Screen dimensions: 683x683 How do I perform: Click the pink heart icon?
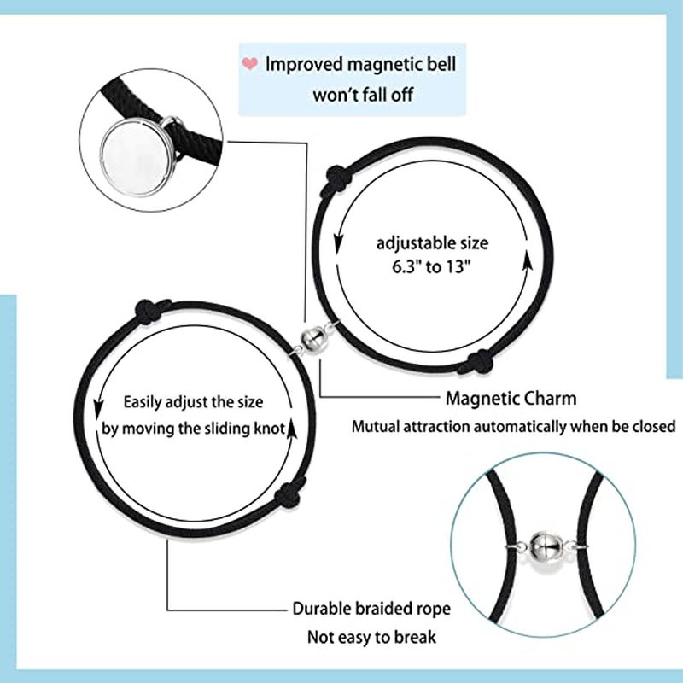click(250, 63)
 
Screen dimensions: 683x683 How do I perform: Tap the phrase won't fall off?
click(362, 94)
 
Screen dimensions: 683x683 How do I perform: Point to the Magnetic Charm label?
click(511, 398)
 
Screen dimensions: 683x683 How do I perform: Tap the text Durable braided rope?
click(371, 610)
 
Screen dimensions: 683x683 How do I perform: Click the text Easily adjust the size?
click(193, 402)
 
